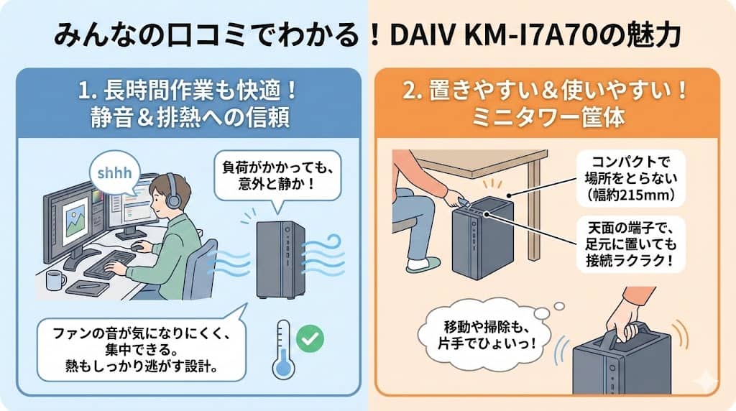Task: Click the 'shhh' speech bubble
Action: point(115,173)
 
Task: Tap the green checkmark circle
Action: point(310,338)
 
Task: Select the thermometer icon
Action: point(283,349)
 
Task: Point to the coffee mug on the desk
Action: point(56,280)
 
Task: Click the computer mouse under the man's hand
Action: point(137,246)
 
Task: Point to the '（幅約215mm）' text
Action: point(631,195)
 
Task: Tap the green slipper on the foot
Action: point(423,264)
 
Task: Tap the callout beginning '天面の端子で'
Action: point(631,244)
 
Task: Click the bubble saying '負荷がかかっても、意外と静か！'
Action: point(277,176)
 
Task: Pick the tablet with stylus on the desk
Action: point(88,287)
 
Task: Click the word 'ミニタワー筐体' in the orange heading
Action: point(548,117)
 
